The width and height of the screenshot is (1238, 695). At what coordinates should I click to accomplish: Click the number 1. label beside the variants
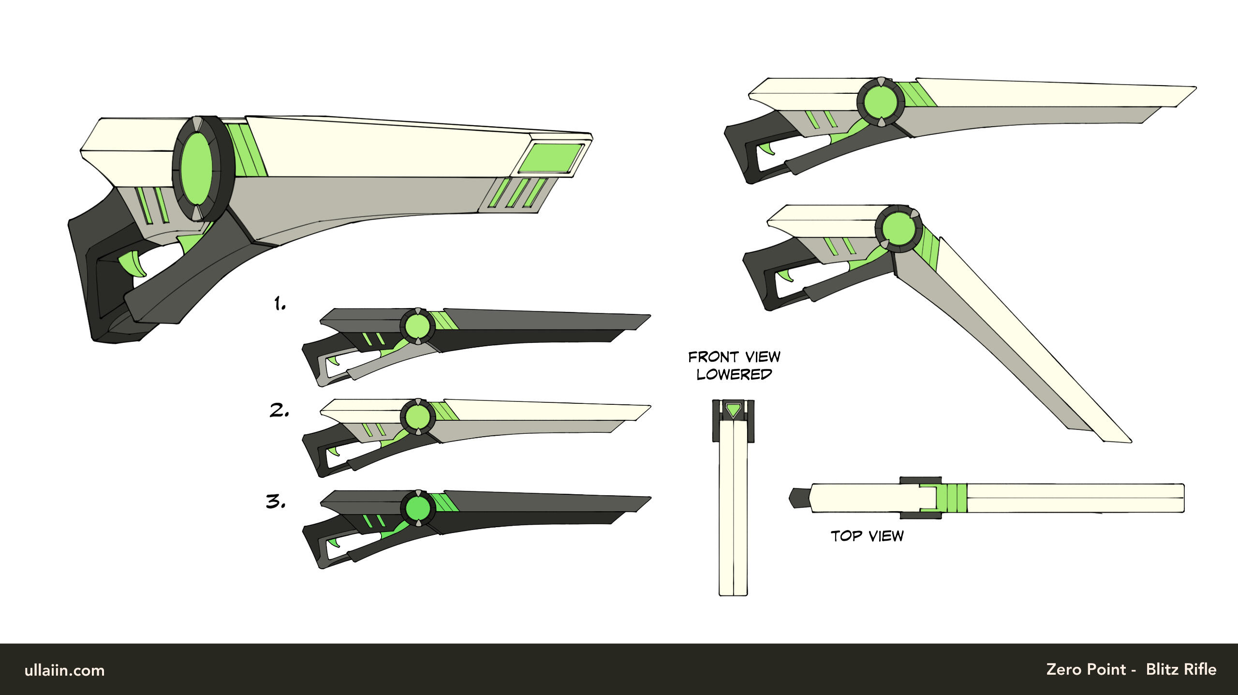click(x=280, y=304)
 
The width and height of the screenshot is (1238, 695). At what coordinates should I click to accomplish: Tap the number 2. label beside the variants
click(x=280, y=410)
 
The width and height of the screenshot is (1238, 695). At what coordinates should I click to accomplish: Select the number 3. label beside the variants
click(x=276, y=502)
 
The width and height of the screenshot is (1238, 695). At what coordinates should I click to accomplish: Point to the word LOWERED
click(x=734, y=374)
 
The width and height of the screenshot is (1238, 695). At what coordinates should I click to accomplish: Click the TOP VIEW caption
click(x=867, y=536)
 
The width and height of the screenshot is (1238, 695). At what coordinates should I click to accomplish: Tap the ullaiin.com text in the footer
click(x=64, y=670)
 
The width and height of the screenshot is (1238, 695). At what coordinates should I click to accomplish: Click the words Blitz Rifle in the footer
click(x=1181, y=669)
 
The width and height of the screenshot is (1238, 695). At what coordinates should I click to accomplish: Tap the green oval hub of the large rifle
click(x=196, y=167)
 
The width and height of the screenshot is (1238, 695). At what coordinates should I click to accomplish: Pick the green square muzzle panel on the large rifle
click(x=551, y=158)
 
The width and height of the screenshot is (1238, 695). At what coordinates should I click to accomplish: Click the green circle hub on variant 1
click(x=417, y=326)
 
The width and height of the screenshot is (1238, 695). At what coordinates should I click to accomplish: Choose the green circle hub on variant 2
click(x=417, y=417)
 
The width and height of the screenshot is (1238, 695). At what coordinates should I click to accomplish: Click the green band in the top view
click(x=951, y=498)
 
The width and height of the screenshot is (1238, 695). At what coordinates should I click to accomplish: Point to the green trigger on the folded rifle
click(x=785, y=276)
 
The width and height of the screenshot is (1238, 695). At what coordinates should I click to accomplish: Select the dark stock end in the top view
click(x=800, y=498)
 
